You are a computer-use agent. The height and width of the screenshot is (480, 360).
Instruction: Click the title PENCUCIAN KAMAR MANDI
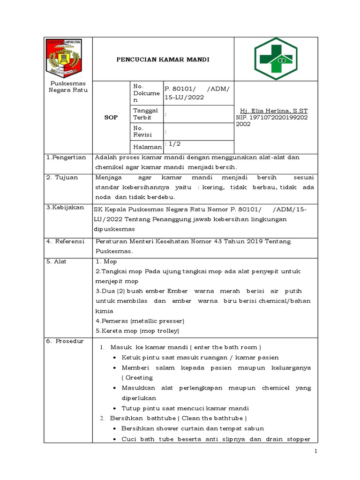coord(163,60)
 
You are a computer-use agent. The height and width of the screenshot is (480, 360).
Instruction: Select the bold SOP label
coord(111,117)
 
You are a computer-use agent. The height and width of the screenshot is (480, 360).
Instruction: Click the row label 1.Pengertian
coord(66,157)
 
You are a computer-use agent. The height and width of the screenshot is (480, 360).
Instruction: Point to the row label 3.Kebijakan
coord(65,207)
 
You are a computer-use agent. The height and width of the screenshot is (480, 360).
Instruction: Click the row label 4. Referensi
coord(65,241)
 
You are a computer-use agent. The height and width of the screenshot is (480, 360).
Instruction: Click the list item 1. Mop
coord(106,262)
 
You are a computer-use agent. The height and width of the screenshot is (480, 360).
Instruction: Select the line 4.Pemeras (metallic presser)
coord(140,321)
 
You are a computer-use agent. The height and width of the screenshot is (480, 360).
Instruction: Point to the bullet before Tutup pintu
coord(115,408)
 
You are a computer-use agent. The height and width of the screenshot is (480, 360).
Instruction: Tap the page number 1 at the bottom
coord(316,451)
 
